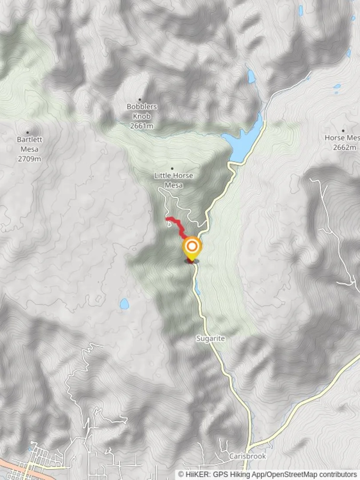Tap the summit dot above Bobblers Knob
pos(140,100)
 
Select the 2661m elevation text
pos(142,126)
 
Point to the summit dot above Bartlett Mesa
pos(28,132)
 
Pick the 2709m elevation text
pos(28,159)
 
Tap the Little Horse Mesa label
pos(173,180)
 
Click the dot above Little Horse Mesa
pos(172,168)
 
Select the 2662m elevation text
pos(345,148)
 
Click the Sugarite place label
pos(211,339)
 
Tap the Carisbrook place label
pos(241,456)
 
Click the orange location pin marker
pos(192,247)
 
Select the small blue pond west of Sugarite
pos(124,304)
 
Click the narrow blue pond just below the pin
pos(197,289)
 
